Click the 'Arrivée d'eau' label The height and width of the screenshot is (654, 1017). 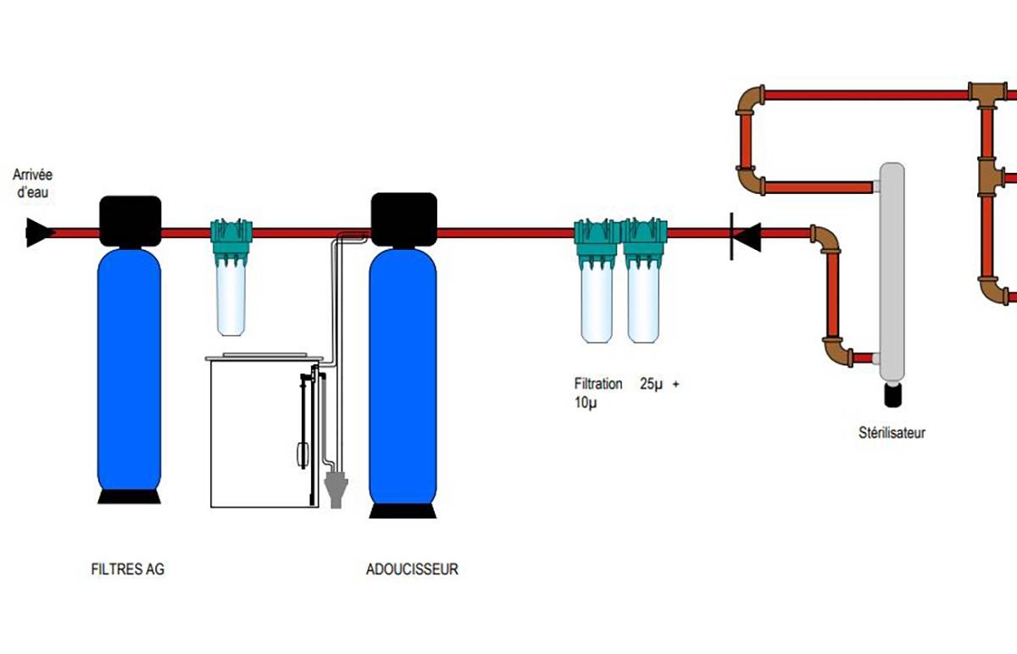pyautogui.click(x=32, y=181)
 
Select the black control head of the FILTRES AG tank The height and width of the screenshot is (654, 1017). pyautogui.click(x=130, y=221)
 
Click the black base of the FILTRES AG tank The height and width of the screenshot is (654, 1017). pyautogui.click(x=129, y=496)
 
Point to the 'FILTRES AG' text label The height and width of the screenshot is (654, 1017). pyautogui.click(x=127, y=569)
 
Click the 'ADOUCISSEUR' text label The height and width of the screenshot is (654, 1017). pyautogui.click(x=412, y=569)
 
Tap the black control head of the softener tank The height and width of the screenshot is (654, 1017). pyautogui.click(x=404, y=218)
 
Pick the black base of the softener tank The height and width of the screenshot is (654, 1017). pyautogui.click(x=403, y=510)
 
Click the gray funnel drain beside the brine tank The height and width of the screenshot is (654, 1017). pyautogui.click(x=336, y=489)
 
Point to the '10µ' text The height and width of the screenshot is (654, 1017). pyautogui.click(x=586, y=402)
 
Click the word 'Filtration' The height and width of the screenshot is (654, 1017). pyautogui.click(x=598, y=384)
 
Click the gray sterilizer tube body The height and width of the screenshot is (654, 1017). pyautogui.click(x=892, y=271)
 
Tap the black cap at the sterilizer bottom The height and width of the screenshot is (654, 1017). pyautogui.click(x=892, y=393)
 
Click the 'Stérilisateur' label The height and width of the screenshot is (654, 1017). pyautogui.click(x=892, y=434)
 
